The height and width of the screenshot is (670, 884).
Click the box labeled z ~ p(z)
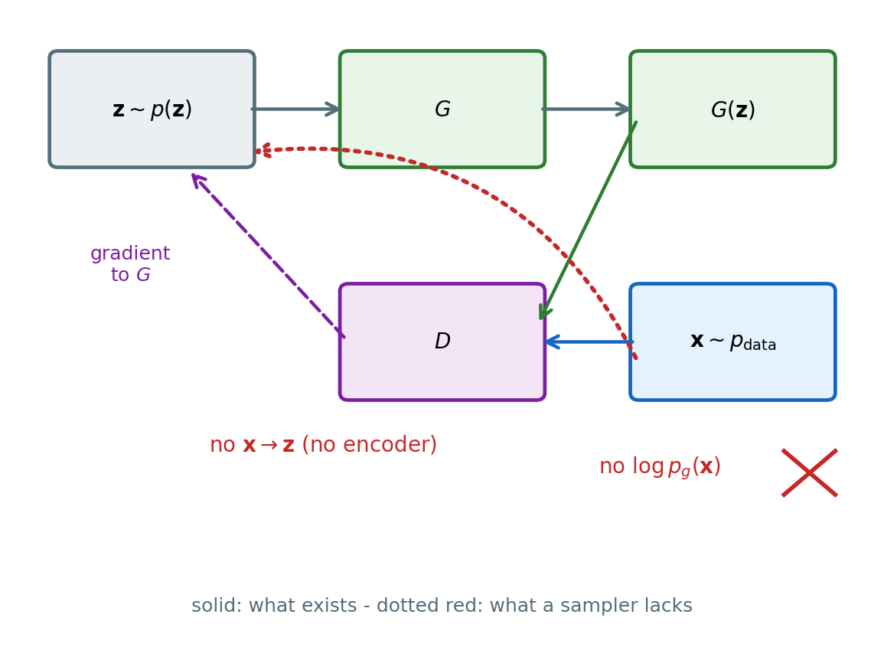(152, 109)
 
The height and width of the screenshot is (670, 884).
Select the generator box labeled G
(442, 109)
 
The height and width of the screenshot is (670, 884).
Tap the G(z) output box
(733, 109)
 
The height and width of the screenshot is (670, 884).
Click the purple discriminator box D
(442, 342)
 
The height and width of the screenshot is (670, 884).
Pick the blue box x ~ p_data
(733, 342)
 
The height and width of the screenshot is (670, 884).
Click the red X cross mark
(810, 472)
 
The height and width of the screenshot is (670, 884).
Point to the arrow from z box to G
(295, 109)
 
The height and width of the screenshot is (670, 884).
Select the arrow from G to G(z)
(586, 109)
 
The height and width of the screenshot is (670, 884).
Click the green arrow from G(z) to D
(589, 221)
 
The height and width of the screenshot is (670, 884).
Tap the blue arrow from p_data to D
(589, 342)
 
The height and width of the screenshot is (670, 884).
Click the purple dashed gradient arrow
(269, 256)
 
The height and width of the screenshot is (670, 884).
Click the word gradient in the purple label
(130, 253)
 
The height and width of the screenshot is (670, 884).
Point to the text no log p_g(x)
(661, 467)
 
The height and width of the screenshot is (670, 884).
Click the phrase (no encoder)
(369, 444)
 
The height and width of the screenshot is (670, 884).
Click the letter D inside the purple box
(442, 342)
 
